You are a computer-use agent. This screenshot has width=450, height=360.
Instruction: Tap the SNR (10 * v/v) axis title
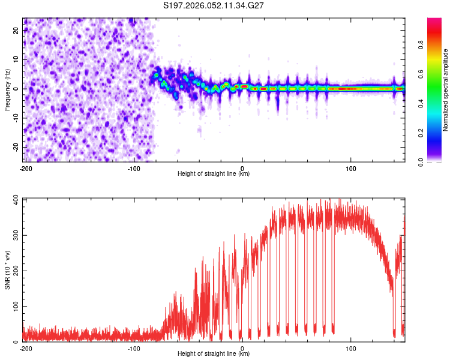[7, 270]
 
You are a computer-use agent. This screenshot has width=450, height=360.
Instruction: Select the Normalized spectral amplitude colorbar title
[445, 90]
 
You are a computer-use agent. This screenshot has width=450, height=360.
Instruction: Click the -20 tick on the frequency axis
[16, 147]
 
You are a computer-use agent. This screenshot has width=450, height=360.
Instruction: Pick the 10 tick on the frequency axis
[17, 59]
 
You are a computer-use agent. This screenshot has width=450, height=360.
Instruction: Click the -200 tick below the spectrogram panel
[25, 167]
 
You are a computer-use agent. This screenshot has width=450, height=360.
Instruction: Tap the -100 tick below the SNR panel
[134, 347]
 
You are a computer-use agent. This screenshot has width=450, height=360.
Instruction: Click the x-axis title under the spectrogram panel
[214, 174]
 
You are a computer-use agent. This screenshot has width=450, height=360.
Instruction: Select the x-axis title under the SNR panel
[214, 354]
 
